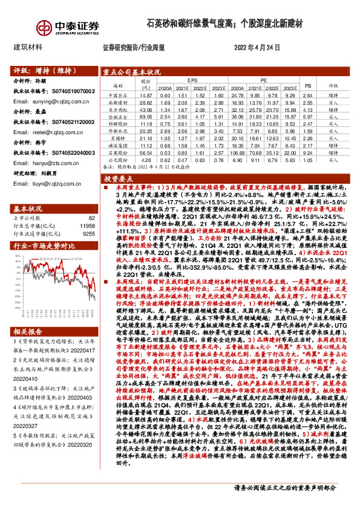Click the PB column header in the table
pyautogui.click(x=307, y=86)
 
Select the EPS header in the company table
pyautogui.click(x=192, y=80)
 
